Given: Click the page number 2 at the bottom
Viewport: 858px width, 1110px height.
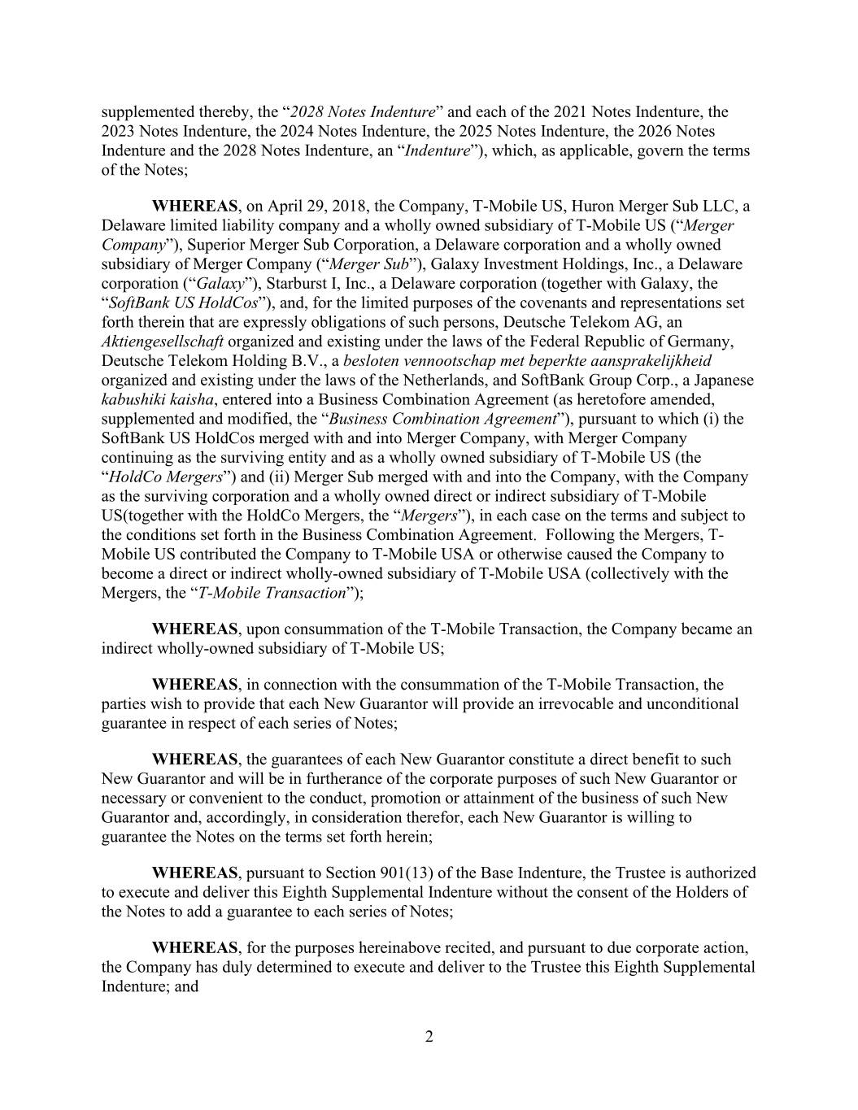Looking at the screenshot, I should coord(429,1037).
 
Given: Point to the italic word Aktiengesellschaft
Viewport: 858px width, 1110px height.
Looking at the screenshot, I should coord(162,342).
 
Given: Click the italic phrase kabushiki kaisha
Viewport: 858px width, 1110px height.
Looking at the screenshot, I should coord(157,399).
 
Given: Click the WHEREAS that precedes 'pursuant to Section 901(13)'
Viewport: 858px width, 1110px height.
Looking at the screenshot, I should coord(194,873).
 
